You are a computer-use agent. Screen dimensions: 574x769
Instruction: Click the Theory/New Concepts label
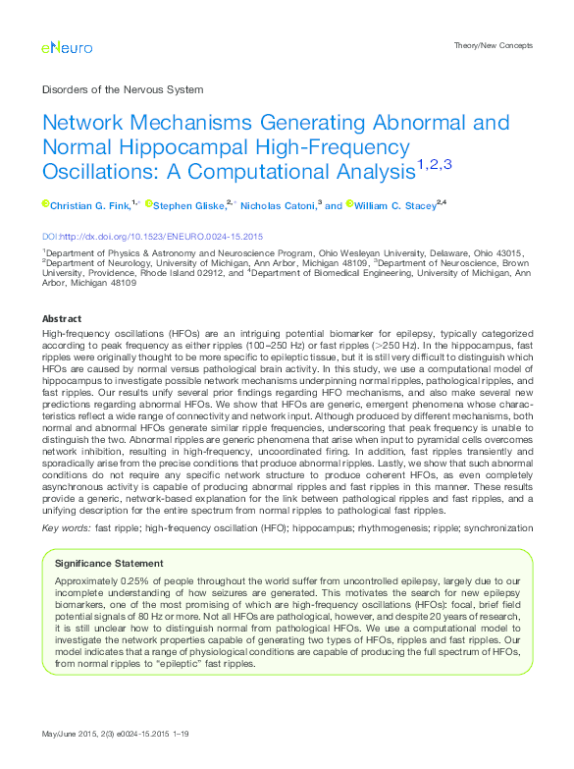click(495, 46)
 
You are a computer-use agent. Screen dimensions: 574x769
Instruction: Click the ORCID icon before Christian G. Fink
click(45, 204)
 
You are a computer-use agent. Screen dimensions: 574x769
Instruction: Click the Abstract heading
click(61, 319)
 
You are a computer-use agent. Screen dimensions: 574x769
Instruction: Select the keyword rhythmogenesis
click(401, 527)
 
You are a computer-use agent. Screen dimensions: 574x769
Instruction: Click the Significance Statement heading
click(110, 564)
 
